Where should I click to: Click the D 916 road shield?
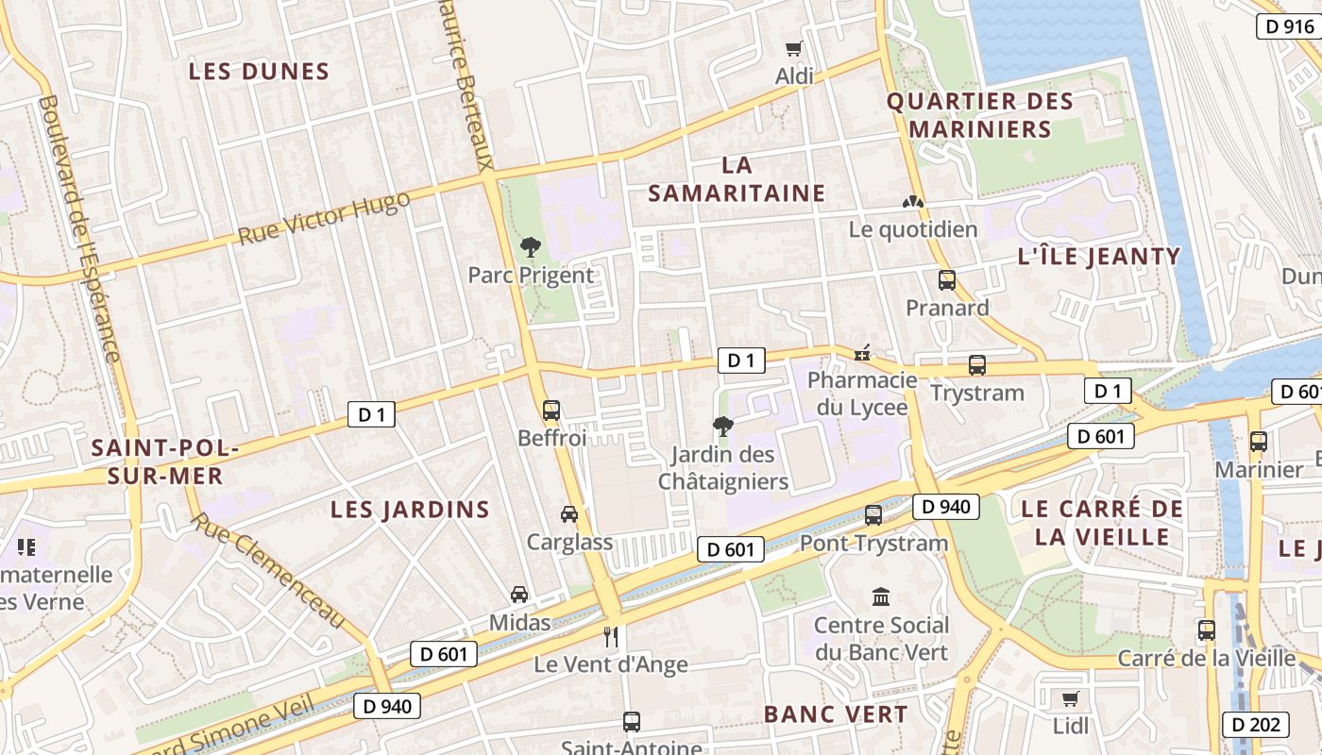tap(1289, 26)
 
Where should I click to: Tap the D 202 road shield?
tap(1256, 724)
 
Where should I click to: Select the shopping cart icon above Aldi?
tap(794, 48)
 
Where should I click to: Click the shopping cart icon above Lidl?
tap(1070, 698)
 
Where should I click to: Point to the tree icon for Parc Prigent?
tap(531, 247)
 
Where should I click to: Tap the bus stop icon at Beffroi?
tap(551, 411)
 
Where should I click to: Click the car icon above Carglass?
tap(569, 514)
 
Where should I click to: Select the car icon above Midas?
tap(519, 595)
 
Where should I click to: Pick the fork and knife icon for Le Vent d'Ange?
tap(611, 637)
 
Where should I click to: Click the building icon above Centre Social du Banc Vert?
tap(881, 596)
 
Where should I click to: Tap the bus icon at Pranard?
tap(946, 280)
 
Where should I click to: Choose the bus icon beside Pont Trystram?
tap(873, 515)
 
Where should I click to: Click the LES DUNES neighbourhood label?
tap(259, 72)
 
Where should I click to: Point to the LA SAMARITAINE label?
tap(737, 179)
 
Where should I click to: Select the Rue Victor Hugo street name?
tap(324, 218)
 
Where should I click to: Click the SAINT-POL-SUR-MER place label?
tap(158, 461)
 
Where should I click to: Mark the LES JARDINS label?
tap(410, 510)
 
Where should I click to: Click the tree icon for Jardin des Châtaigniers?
tap(723, 426)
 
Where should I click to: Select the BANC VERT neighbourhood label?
tap(835, 714)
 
